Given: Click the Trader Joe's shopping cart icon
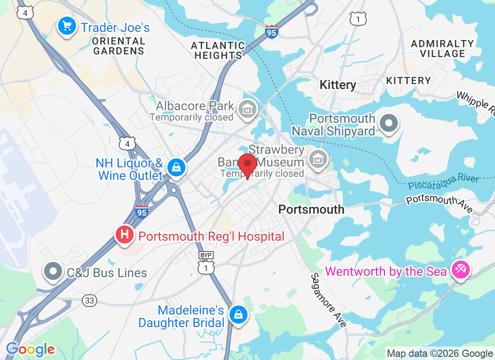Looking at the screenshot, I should pyautogui.click(x=67, y=26).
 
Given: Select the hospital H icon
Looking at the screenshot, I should pyautogui.click(x=125, y=234).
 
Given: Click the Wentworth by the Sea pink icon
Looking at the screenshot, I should pyautogui.click(x=461, y=270).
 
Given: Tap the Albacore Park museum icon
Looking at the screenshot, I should pyautogui.click(x=247, y=108).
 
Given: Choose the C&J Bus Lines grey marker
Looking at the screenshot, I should pyautogui.click(x=54, y=272).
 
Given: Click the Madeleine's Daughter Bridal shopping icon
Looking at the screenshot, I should pyautogui.click(x=237, y=315).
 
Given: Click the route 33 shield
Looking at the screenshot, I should pyautogui.click(x=90, y=301).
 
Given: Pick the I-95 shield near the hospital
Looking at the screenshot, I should pyautogui.click(x=142, y=211).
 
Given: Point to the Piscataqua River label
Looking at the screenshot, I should pyautogui.click(x=444, y=182).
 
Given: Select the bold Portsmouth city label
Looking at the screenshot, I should pyautogui.click(x=311, y=209).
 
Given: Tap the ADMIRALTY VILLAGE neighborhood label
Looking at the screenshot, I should pyautogui.click(x=442, y=49).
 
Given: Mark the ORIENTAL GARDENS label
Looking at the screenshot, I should pyautogui.click(x=119, y=46).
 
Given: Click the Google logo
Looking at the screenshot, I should pyautogui.click(x=30, y=349).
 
